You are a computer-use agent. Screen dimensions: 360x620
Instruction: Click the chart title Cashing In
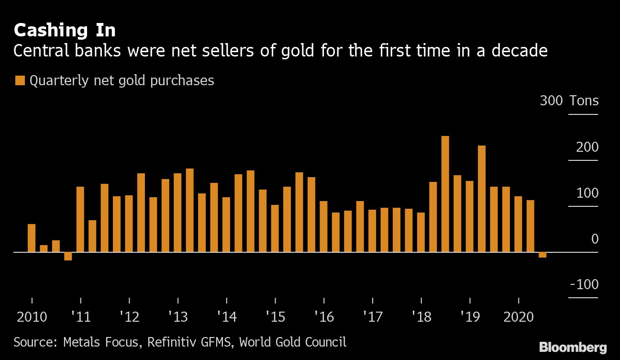pyautogui.click(x=65, y=30)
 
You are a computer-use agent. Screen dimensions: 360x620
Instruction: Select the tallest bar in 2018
pyautogui.click(x=445, y=193)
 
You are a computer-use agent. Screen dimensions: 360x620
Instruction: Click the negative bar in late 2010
pyautogui.click(x=68, y=256)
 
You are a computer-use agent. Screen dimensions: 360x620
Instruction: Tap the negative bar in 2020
pyautogui.click(x=542, y=255)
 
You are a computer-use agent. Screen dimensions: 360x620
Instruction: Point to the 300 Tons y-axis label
pyautogui.click(x=569, y=101)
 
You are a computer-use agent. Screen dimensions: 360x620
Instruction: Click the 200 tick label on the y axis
pyautogui.click(x=587, y=147)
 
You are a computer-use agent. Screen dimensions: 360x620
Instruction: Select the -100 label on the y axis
pyautogui.click(x=584, y=284)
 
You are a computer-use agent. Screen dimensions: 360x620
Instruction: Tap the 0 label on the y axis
pyautogui.click(x=595, y=239)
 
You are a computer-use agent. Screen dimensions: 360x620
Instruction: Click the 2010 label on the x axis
pyautogui.click(x=32, y=317)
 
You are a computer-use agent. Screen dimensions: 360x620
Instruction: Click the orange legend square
pyautogui.click(x=20, y=80)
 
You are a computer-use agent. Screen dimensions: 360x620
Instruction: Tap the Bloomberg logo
pyautogui.click(x=573, y=347)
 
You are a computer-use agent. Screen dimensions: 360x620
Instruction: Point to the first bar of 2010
pyautogui.click(x=32, y=237)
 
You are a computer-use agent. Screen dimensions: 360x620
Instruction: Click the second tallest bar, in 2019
pyautogui.click(x=482, y=198)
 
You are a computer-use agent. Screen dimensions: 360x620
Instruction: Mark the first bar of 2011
pyautogui.click(x=80, y=219)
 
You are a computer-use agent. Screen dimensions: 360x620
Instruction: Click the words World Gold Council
pyautogui.click(x=292, y=342)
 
